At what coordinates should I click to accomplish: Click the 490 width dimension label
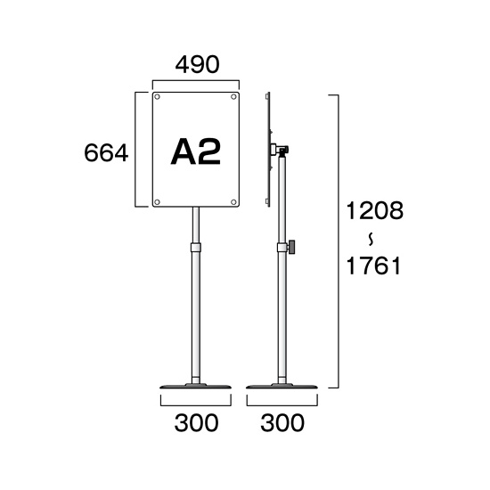point(197,65)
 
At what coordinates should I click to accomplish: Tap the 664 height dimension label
point(106,152)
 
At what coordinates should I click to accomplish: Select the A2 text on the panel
point(196,151)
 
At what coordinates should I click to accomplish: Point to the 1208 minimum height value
point(375,210)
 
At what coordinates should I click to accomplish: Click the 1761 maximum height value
point(373,265)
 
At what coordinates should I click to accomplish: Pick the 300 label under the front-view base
point(196,423)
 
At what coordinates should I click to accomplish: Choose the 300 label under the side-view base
point(282,423)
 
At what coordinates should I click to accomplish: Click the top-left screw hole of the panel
point(157,97)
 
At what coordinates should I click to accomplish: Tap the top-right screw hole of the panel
point(233,97)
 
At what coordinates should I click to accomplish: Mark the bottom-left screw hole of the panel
point(157,202)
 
